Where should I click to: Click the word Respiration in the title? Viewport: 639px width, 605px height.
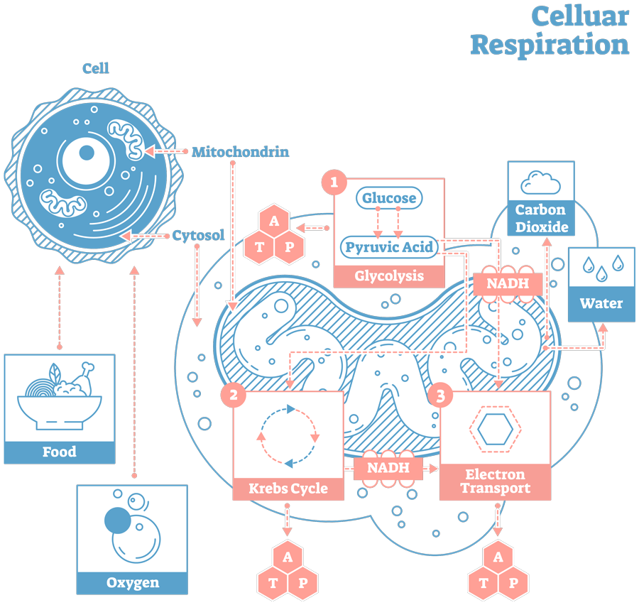click(x=549, y=44)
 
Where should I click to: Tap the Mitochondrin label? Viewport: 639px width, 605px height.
click(x=240, y=152)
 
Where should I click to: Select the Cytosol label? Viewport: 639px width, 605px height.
click(x=198, y=236)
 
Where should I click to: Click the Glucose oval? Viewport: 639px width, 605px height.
click(x=389, y=198)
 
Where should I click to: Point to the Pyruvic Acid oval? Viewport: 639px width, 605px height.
click(x=388, y=248)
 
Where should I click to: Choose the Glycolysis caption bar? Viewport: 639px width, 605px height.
click(x=389, y=276)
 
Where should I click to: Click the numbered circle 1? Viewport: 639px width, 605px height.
click(x=334, y=182)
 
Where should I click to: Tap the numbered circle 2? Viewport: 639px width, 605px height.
click(x=233, y=395)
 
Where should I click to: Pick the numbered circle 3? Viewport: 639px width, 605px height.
click(x=440, y=396)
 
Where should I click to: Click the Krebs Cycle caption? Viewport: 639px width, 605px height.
click(x=288, y=489)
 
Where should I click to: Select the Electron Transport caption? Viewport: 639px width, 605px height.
click(x=495, y=481)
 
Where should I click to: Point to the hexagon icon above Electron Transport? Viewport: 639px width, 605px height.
click(x=495, y=430)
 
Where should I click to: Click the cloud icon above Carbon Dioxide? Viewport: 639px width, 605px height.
click(x=541, y=183)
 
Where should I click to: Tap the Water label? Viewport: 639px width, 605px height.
click(x=601, y=304)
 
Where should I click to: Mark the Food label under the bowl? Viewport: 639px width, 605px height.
click(x=60, y=452)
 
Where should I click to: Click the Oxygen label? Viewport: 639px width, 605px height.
click(x=133, y=583)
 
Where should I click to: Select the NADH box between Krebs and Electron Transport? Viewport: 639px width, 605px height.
click(x=388, y=468)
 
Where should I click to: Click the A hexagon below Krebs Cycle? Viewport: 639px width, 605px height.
click(x=288, y=557)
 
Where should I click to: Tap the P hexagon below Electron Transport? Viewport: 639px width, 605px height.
click(x=513, y=583)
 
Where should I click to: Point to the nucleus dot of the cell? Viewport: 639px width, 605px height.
click(x=86, y=153)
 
